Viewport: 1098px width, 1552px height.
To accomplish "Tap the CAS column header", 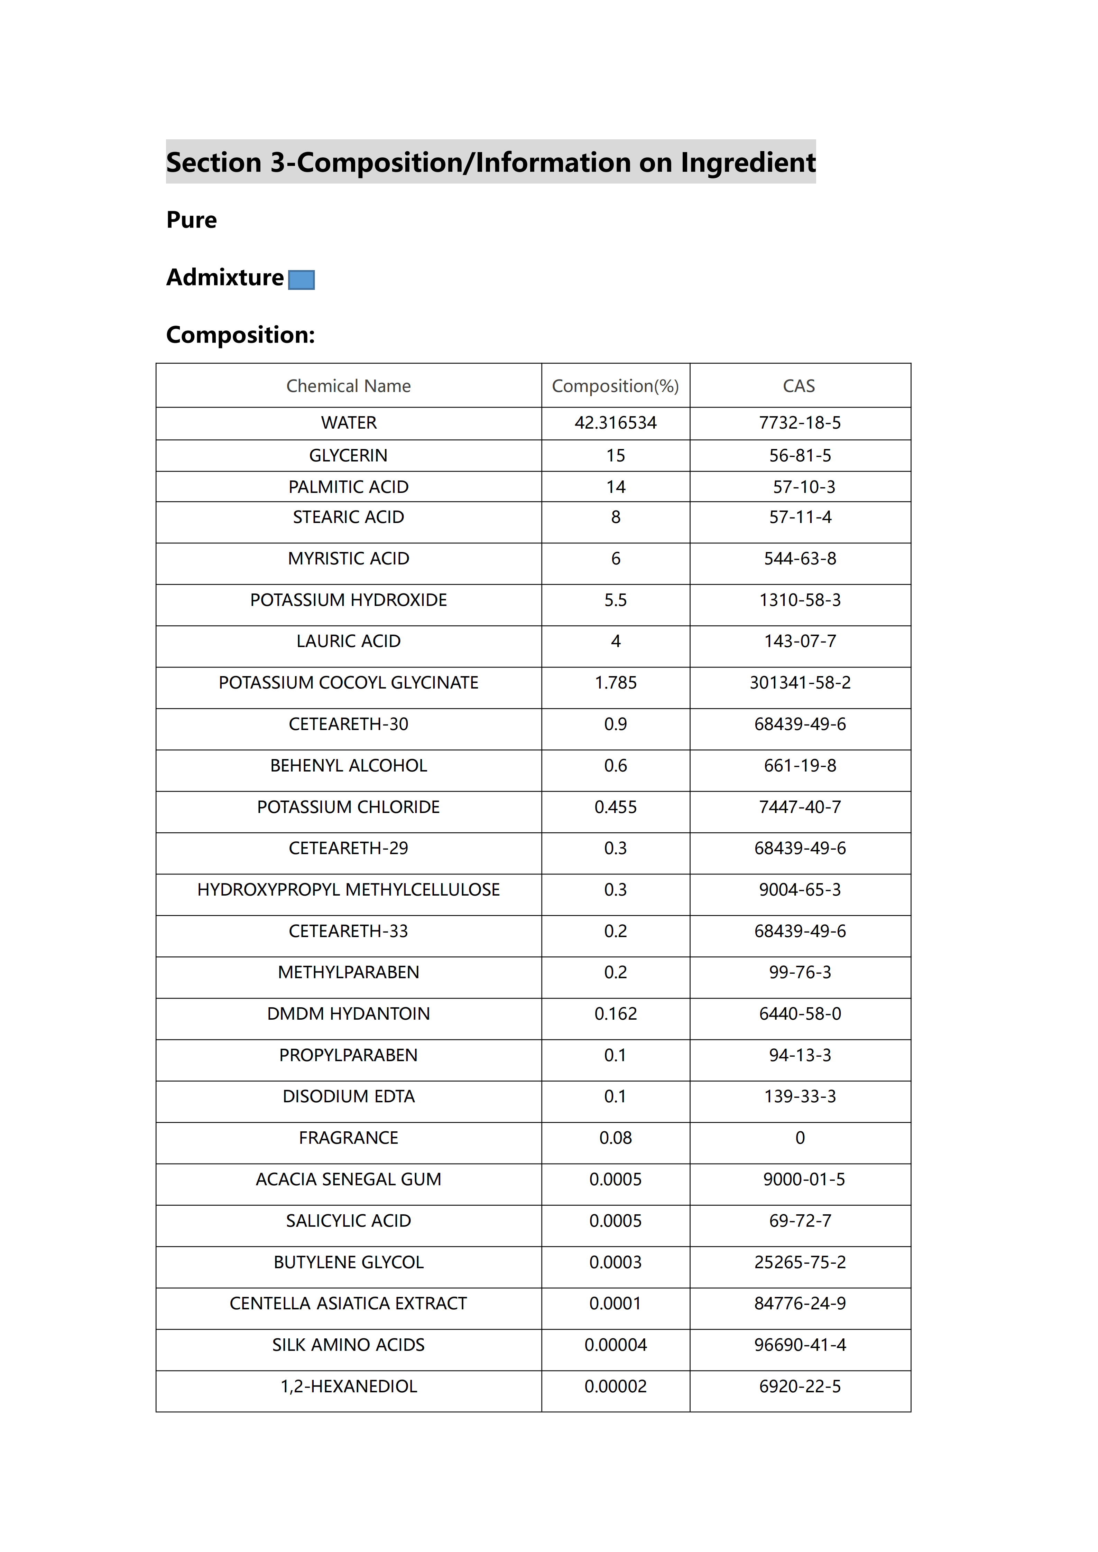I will pos(799,386).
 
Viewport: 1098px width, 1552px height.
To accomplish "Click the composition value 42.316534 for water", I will pos(615,423).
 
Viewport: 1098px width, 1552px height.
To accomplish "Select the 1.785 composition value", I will pos(615,683).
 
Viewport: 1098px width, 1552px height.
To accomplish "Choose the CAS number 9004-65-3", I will pos(800,890).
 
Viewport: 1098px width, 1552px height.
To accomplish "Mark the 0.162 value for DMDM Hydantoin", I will pos(615,1014).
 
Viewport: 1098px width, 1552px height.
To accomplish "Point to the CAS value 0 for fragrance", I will pos(800,1138).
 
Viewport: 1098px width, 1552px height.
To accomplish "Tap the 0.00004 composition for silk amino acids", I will pos(615,1345).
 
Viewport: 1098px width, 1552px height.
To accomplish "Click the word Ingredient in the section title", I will pos(748,163).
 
